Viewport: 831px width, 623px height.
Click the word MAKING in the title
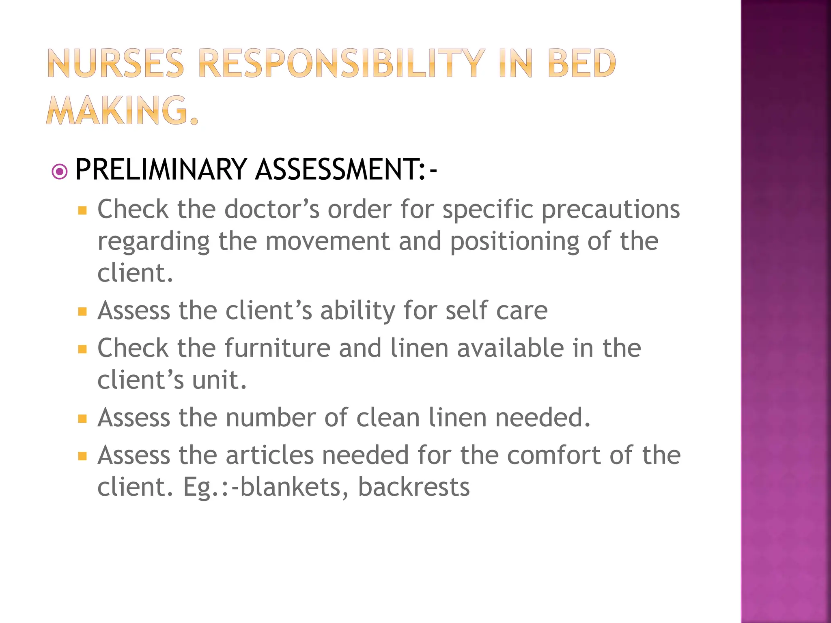pyautogui.click(x=118, y=110)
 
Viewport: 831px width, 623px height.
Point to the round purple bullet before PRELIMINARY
pyautogui.click(x=60, y=172)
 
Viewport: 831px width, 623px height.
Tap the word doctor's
pyautogui.click(x=271, y=209)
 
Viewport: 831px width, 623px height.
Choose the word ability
pyautogui.click(x=357, y=311)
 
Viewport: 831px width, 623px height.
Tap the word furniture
pyautogui.click(x=277, y=348)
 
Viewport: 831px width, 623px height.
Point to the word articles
pyautogui.click(x=269, y=455)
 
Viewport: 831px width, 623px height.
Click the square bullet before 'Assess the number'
pyautogui.click(x=82, y=419)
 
